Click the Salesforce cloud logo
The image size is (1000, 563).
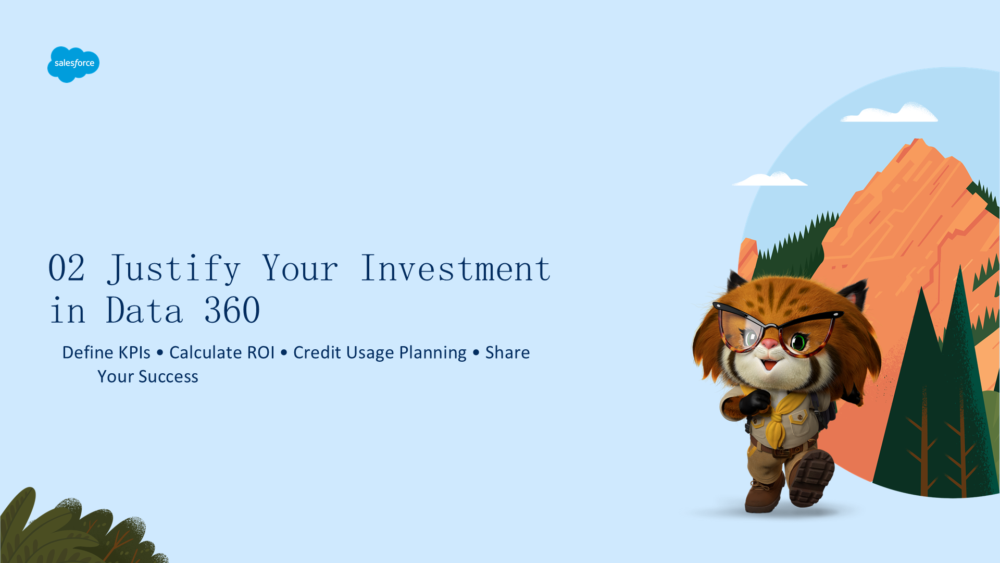click(73, 64)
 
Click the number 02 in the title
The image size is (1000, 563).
click(67, 268)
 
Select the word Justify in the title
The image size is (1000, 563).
click(174, 270)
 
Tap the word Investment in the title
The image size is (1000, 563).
click(456, 268)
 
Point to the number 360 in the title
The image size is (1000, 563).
click(232, 310)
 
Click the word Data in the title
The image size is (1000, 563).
click(145, 310)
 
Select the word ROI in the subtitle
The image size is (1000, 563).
click(260, 352)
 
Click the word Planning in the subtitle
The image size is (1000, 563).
click(433, 353)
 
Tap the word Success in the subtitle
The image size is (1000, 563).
click(168, 376)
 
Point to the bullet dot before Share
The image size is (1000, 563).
click(476, 353)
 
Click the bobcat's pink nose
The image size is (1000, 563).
click(769, 345)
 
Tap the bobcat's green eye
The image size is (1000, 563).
click(798, 342)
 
